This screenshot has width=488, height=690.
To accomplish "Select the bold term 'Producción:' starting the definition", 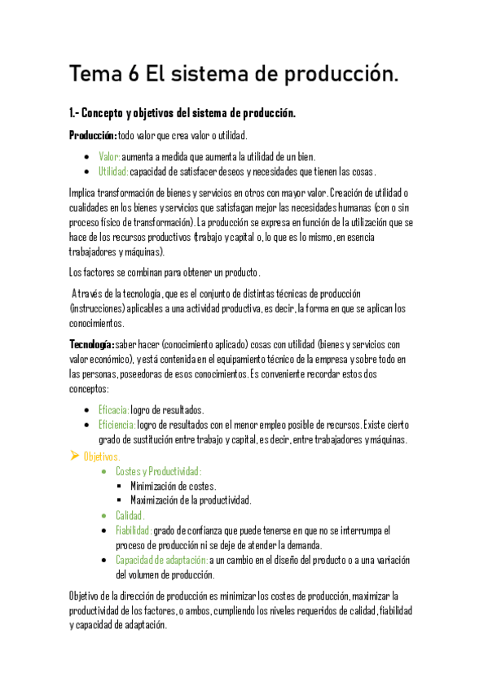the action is (93, 135).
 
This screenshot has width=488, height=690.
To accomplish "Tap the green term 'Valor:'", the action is (110, 156).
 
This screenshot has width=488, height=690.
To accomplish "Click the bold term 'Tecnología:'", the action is (92, 344).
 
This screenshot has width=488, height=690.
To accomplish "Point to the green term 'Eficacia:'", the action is (113, 409).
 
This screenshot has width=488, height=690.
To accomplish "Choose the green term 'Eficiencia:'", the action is (117, 425).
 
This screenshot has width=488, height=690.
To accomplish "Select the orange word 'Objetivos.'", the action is (102, 456).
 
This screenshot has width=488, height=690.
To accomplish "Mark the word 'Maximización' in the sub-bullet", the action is (156, 500).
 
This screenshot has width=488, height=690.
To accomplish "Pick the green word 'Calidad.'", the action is (130, 515).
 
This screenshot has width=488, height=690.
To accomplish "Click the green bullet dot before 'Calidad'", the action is (103, 516).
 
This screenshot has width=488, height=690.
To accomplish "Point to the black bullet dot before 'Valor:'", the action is (86, 156).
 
